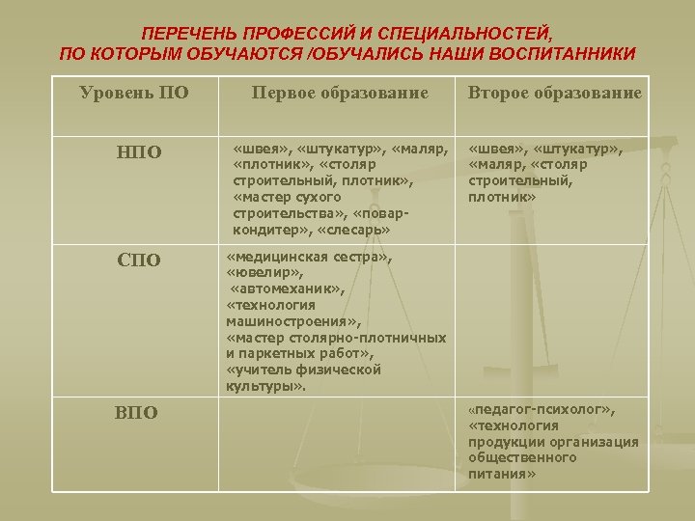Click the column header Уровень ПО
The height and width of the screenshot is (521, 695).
click(x=134, y=93)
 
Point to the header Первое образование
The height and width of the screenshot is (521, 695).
click(x=339, y=93)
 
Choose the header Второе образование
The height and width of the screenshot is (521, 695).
click(x=554, y=93)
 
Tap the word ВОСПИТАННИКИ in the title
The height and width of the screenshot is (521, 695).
click(x=552, y=54)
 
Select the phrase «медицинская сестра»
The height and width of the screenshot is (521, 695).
click(x=309, y=258)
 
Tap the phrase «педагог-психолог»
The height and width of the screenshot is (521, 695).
click(x=540, y=409)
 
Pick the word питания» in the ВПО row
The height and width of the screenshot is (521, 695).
click(x=502, y=474)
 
